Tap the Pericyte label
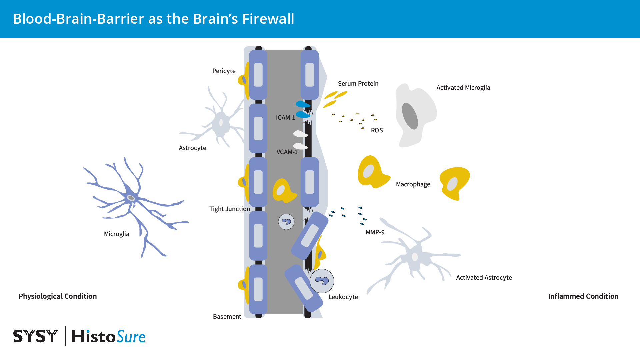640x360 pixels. click(x=224, y=71)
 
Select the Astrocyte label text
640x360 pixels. click(x=192, y=148)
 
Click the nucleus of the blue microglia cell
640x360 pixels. click(x=131, y=198)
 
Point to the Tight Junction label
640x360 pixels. click(x=229, y=209)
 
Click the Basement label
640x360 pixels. click(x=227, y=317)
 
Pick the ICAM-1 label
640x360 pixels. click(x=285, y=118)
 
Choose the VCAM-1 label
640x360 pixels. click(x=287, y=152)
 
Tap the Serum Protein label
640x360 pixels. click(x=358, y=84)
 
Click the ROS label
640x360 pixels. click(x=377, y=130)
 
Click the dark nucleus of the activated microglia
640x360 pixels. click(x=410, y=116)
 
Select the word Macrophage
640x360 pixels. click(x=413, y=184)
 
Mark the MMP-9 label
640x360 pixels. click(x=375, y=232)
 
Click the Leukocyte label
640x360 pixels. click(x=343, y=297)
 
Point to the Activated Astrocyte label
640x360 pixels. click(x=484, y=278)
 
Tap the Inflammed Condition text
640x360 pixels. click(x=583, y=296)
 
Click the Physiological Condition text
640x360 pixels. click(x=58, y=296)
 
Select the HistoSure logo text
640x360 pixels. click(x=108, y=336)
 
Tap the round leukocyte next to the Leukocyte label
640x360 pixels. click(x=322, y=281)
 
